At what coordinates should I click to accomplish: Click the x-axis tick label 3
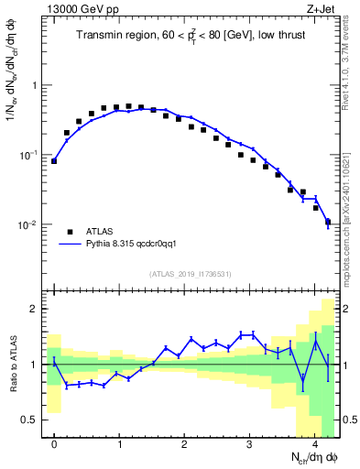pos(250,444)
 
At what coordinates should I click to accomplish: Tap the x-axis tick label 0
pos(54,444)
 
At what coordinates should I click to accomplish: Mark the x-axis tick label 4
pos(315,444)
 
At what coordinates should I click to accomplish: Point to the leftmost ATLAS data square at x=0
pos(54,161)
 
